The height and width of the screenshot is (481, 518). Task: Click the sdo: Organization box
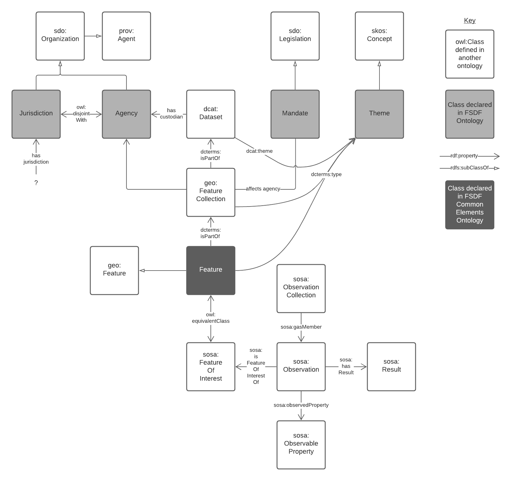tap(60, 36)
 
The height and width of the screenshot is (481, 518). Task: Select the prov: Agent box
tap(126, 36)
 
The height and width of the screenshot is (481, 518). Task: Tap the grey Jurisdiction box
tap(36, 114)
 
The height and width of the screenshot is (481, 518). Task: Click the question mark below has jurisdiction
tap(36, 183)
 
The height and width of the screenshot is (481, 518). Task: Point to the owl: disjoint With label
tap(81, 114)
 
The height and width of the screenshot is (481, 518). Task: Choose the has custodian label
tap(171, 114)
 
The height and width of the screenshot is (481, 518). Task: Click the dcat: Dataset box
tap(211, 114)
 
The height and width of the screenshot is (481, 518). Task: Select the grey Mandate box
tap(295, 114)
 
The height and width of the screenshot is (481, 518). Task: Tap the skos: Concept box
tap(379, 36)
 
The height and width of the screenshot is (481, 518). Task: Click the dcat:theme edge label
tap(259, 151)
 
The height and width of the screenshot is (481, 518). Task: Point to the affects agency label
tap(263, 189)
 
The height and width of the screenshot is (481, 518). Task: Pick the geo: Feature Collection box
tap(211, 192)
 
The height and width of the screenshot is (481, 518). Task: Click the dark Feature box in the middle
tap(211, 270)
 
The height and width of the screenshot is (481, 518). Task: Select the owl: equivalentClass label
tap(211, 318)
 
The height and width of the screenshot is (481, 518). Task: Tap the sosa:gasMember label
tap(301, 327)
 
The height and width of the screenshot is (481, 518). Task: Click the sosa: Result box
tap(391, 366)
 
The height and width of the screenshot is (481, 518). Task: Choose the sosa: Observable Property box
tap(301, 445)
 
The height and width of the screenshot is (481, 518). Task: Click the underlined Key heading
tap(470, 20)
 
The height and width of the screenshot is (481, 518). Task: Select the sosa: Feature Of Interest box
tap(211, 366)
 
